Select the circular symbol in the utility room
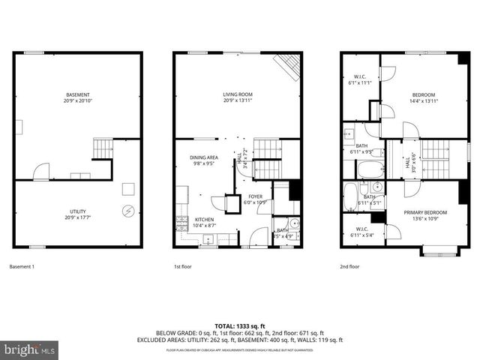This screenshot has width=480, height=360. tap(128, 211)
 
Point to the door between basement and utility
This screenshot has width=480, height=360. tap(42, 172)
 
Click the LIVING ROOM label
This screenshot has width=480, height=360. tap(238, 94)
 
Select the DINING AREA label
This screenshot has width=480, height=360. tap(203, 157)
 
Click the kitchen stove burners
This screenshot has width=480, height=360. tap(181, 221)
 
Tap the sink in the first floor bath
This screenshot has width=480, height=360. tap(294, 223)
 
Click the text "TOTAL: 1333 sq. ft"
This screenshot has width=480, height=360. tap(239, 325)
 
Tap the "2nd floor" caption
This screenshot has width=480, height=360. tap(349, 266)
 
